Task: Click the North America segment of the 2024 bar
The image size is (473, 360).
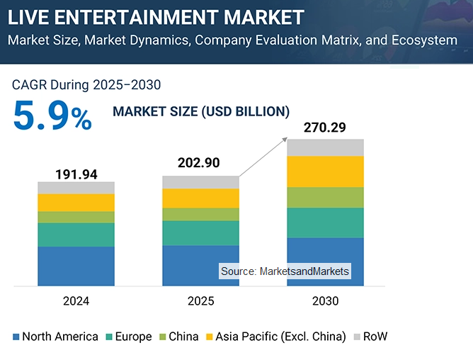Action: point(76,266)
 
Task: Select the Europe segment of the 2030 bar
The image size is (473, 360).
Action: point(325,223)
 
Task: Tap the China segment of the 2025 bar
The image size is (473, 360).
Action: point(200,214)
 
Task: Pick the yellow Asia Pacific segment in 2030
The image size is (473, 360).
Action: point(325,171)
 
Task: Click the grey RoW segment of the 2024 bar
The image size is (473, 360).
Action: point(76,188)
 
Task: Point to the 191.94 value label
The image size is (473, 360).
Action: point(76,174)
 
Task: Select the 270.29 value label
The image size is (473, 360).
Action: point(325,128)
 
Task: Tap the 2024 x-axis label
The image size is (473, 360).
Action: point(76,301)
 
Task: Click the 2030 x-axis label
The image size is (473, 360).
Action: point(325,301)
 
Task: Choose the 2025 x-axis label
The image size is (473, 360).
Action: point(200,301)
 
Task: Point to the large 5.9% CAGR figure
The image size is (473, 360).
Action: point(52,117)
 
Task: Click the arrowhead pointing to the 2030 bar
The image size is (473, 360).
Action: point(285,137)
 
